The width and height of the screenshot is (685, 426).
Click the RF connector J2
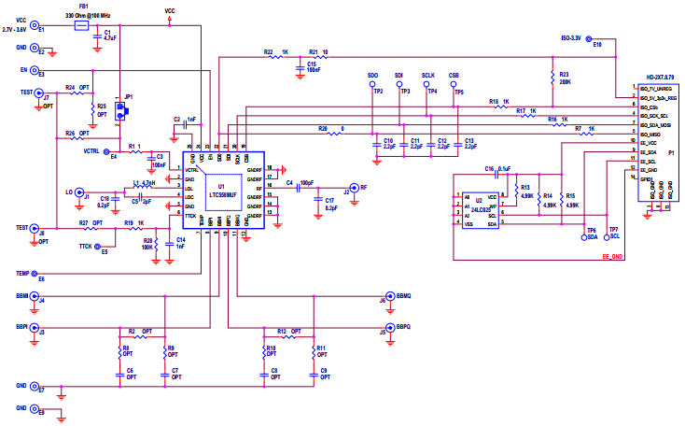(353, 187)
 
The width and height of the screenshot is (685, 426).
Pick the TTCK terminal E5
(97, 247)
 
